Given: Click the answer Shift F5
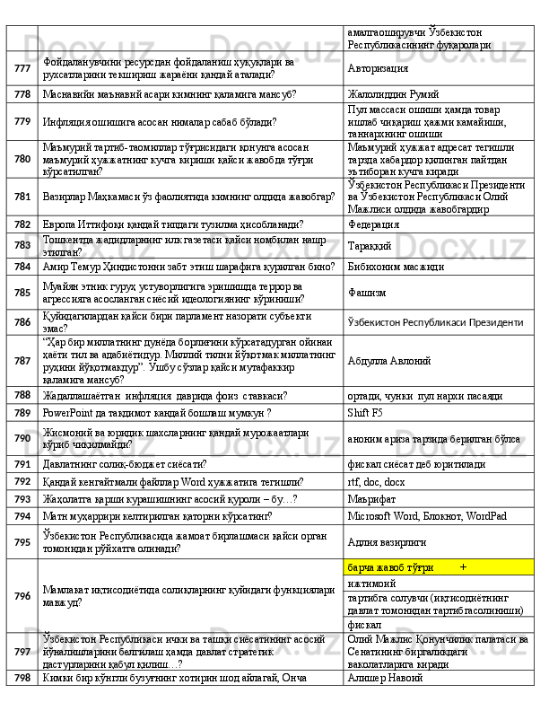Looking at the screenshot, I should tap(364, 413).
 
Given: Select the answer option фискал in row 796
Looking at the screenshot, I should tap(364, 624).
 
